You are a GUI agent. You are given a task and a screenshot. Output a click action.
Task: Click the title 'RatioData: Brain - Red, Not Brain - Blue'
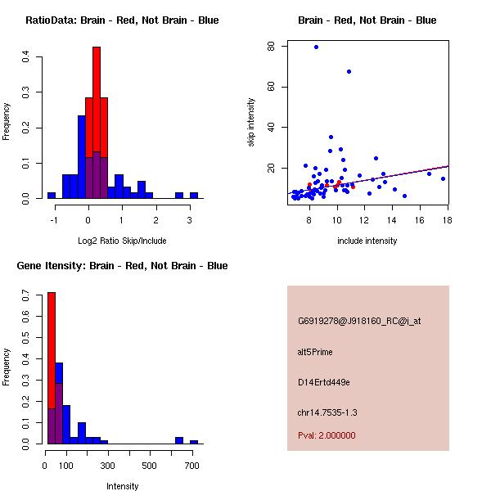click(122, 20)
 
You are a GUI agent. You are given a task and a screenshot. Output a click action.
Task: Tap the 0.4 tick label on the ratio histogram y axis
click(26, 57)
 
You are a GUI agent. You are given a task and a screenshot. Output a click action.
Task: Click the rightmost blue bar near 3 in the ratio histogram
click(194, 196)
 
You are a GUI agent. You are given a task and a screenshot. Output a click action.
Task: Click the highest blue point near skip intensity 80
click(316, 47)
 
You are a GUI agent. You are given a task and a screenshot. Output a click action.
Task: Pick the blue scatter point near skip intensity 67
click(349, 72)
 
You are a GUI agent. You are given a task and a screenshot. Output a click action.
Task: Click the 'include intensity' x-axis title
click(367, 241)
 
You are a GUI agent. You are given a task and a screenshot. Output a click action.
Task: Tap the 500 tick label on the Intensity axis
click(150, 466)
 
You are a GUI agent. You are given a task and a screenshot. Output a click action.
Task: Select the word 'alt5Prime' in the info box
click(315, 352)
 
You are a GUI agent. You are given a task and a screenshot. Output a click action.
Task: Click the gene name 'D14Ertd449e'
click(324, 382)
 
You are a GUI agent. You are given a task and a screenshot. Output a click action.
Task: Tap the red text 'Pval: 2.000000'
click(327, 435)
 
